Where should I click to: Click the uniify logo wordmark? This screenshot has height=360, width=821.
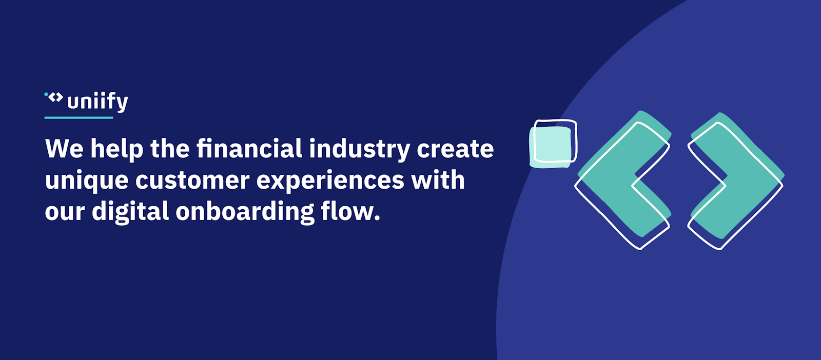(97, 102)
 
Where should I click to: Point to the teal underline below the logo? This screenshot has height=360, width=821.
(79, 117)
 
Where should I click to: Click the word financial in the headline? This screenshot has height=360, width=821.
(249, 148)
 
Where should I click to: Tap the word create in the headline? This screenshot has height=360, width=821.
(455, 149)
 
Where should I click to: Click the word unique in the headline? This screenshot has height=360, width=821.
(87, 181)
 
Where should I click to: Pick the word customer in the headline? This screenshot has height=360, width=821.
(192, 181)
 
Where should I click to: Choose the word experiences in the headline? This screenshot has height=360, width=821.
(330, 181)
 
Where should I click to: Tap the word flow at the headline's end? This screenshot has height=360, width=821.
(350, 211)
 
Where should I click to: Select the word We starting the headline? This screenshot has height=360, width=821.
(65, 148)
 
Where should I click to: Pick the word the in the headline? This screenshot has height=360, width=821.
(170, 148)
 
